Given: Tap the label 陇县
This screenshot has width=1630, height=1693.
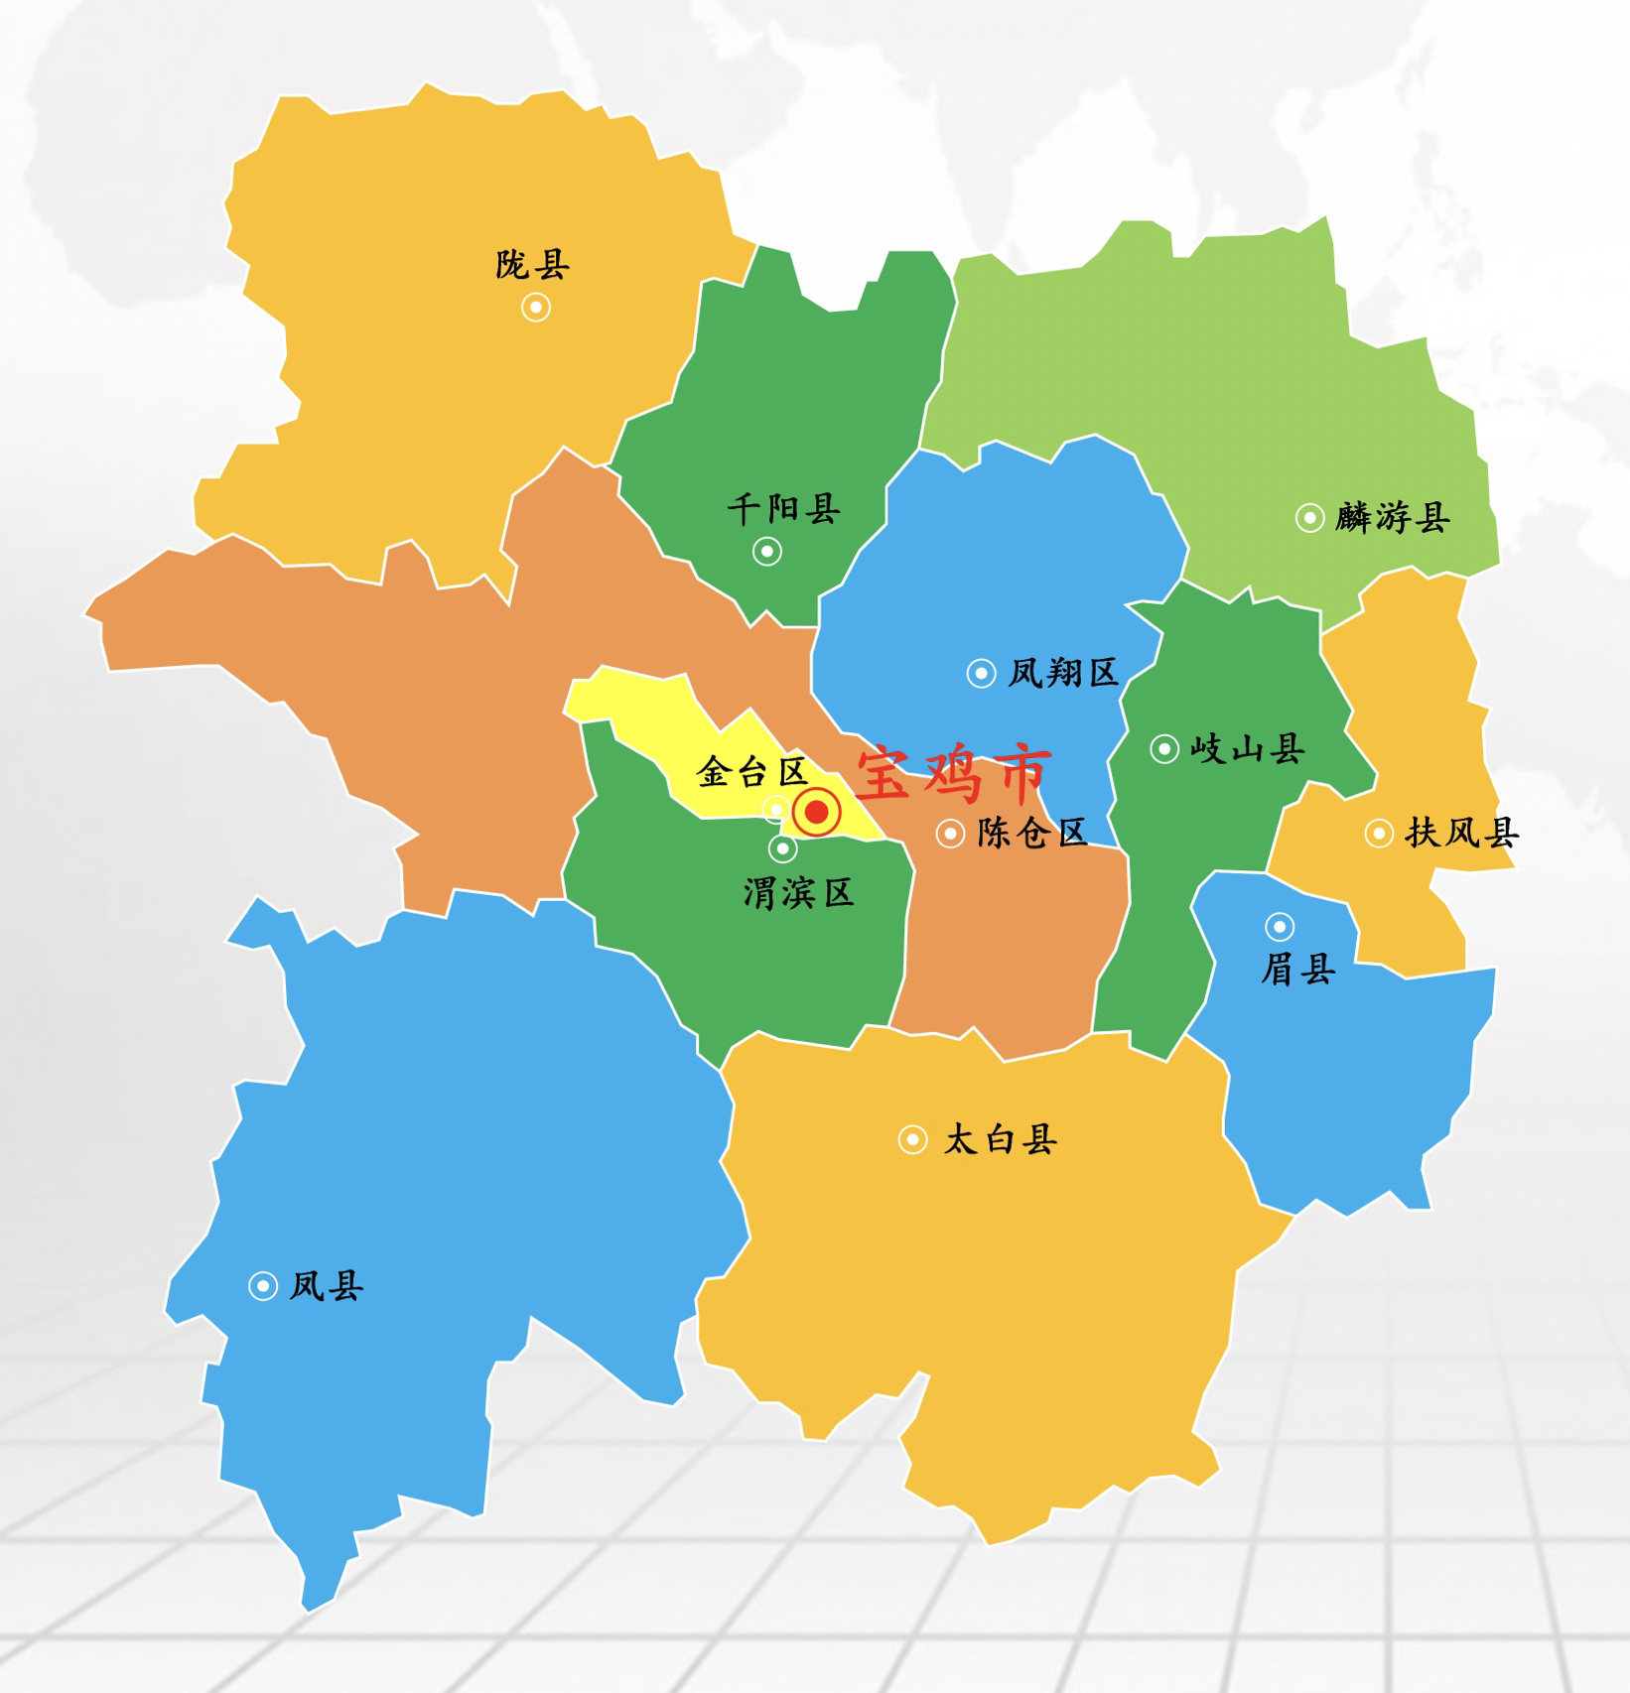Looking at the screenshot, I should (x=533, y=265).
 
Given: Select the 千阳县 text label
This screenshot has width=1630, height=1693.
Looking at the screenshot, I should (x=784, y=509).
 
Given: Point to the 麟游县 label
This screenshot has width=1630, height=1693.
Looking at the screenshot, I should (x=1393, y=517).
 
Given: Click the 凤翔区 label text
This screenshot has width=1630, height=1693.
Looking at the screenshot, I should (x=1063, y=673).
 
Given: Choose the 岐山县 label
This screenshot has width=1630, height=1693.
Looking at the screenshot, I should (x=1247, y=748).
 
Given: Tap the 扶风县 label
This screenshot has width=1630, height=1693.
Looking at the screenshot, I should (x=1461, y=833).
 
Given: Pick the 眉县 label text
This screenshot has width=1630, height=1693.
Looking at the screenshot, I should (x=1297, y=969).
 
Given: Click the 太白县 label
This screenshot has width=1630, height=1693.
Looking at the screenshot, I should (x=1000, y=1139).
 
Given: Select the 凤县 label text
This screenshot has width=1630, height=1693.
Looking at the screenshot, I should (x=327, y=1286).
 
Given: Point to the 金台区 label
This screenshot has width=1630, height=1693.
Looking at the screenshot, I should (x=751, y=771).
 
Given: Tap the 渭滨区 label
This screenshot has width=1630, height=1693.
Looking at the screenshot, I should (x=798, y=893).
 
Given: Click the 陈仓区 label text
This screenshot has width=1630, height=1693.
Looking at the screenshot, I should (x=1031, y=833).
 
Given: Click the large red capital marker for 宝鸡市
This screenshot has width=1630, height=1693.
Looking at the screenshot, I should (x=817, y=813).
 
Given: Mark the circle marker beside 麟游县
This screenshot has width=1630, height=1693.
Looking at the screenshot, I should (x=1309, y=517).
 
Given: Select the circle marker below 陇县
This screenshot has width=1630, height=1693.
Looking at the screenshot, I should (x=536, y=308).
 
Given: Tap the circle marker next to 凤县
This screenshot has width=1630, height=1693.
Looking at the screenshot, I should (x=263, y=1286).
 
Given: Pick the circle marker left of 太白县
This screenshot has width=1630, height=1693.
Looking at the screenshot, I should (x=912, y=1139).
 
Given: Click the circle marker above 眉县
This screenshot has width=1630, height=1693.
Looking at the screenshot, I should (x=1280, y=927).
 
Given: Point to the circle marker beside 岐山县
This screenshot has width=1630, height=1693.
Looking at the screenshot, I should (x=1164, y=748).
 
